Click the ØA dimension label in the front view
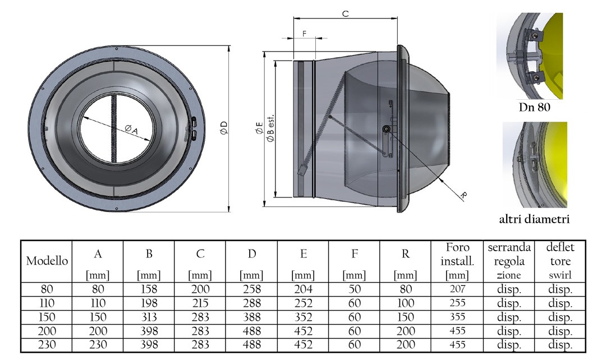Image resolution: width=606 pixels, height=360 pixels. tap(131, 130)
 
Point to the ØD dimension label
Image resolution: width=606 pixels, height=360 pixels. tap(224, 128)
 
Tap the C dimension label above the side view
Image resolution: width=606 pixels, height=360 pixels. tap(346, 13)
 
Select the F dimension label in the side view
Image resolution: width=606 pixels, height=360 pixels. tap(305, 34)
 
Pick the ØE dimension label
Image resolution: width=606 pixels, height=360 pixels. tap(259, 128)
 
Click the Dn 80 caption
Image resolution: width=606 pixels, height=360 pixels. tap(535, 107)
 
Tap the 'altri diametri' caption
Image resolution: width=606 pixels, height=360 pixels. tap(535, 219)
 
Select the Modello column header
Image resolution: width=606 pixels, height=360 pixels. tap(47, 261)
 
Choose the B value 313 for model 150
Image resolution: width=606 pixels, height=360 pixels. tap(149, 317)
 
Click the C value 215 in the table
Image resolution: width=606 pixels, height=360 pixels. tap(200, 303)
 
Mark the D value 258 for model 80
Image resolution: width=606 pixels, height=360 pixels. tap(251, 289)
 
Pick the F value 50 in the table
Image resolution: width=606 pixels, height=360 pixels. tap(355, 289)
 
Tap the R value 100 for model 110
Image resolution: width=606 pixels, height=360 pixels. tap(406, 303)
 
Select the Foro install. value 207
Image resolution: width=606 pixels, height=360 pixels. tap(457, 289)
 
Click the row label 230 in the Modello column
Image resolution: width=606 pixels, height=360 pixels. tap(47, 344)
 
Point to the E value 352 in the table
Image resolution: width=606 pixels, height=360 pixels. tap(303, 317)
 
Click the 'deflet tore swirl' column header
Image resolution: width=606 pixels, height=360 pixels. tap(560, 261)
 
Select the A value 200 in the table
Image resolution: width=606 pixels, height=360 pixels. tap(98, 331)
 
